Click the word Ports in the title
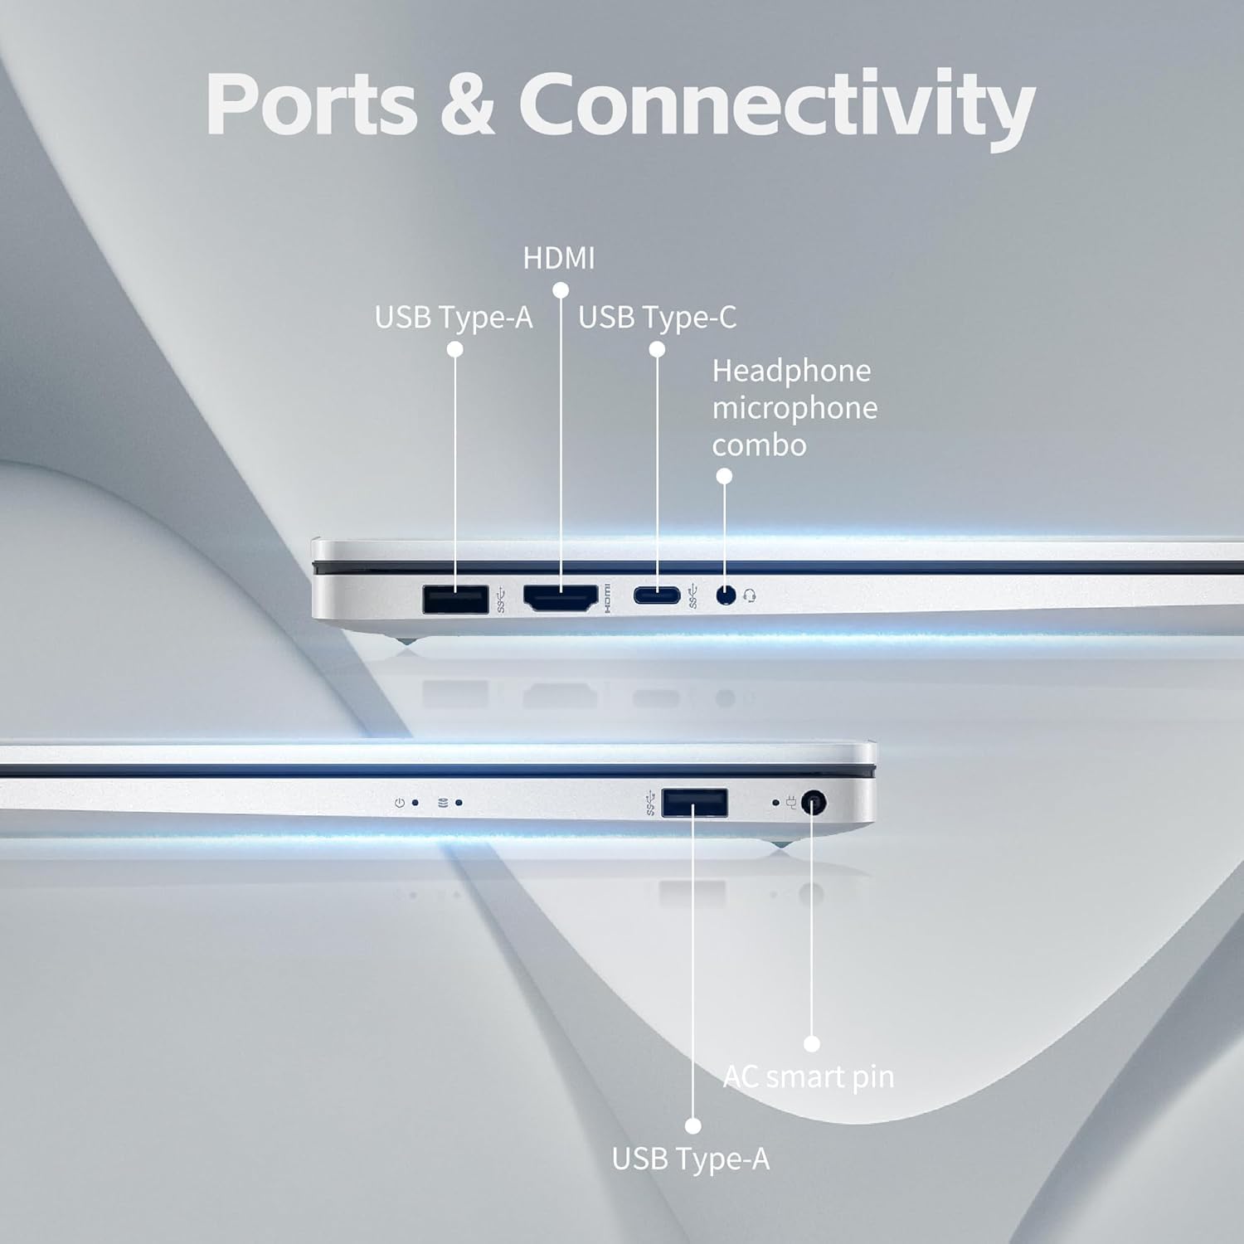coord(311,105)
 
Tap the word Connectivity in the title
coord(776,105)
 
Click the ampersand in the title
coord(467,105)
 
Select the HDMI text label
coord(558,259)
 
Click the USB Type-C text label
coord(657,318)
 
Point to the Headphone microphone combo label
coord(794,408)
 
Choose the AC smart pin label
coord(809,1077)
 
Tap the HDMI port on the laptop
coord(561,598)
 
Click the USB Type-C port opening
coord(657,595)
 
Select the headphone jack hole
coord(726,595)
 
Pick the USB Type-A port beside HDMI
coord(455,599)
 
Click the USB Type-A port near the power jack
coord(695,804)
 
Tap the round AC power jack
coord(814,803)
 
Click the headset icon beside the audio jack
coord(750,595)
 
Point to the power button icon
coord(400,803)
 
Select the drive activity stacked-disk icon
coord(443,803)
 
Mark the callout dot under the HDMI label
coord(561,290)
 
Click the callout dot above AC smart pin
coord(812,1044)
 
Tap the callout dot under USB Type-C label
coord(657,350)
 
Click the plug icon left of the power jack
coord(791,803)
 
